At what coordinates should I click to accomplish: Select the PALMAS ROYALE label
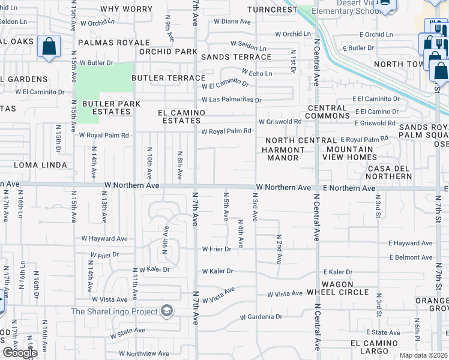113,43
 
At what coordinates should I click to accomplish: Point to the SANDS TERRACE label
236,57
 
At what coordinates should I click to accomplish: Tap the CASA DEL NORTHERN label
390,172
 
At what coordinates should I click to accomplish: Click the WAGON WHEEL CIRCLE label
345,288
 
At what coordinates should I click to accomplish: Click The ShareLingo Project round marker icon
167,311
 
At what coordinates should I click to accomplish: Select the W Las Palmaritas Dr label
232,100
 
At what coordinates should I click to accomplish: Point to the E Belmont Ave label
411,257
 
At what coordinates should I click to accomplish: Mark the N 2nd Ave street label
279,249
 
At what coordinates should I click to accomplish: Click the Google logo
20,353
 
